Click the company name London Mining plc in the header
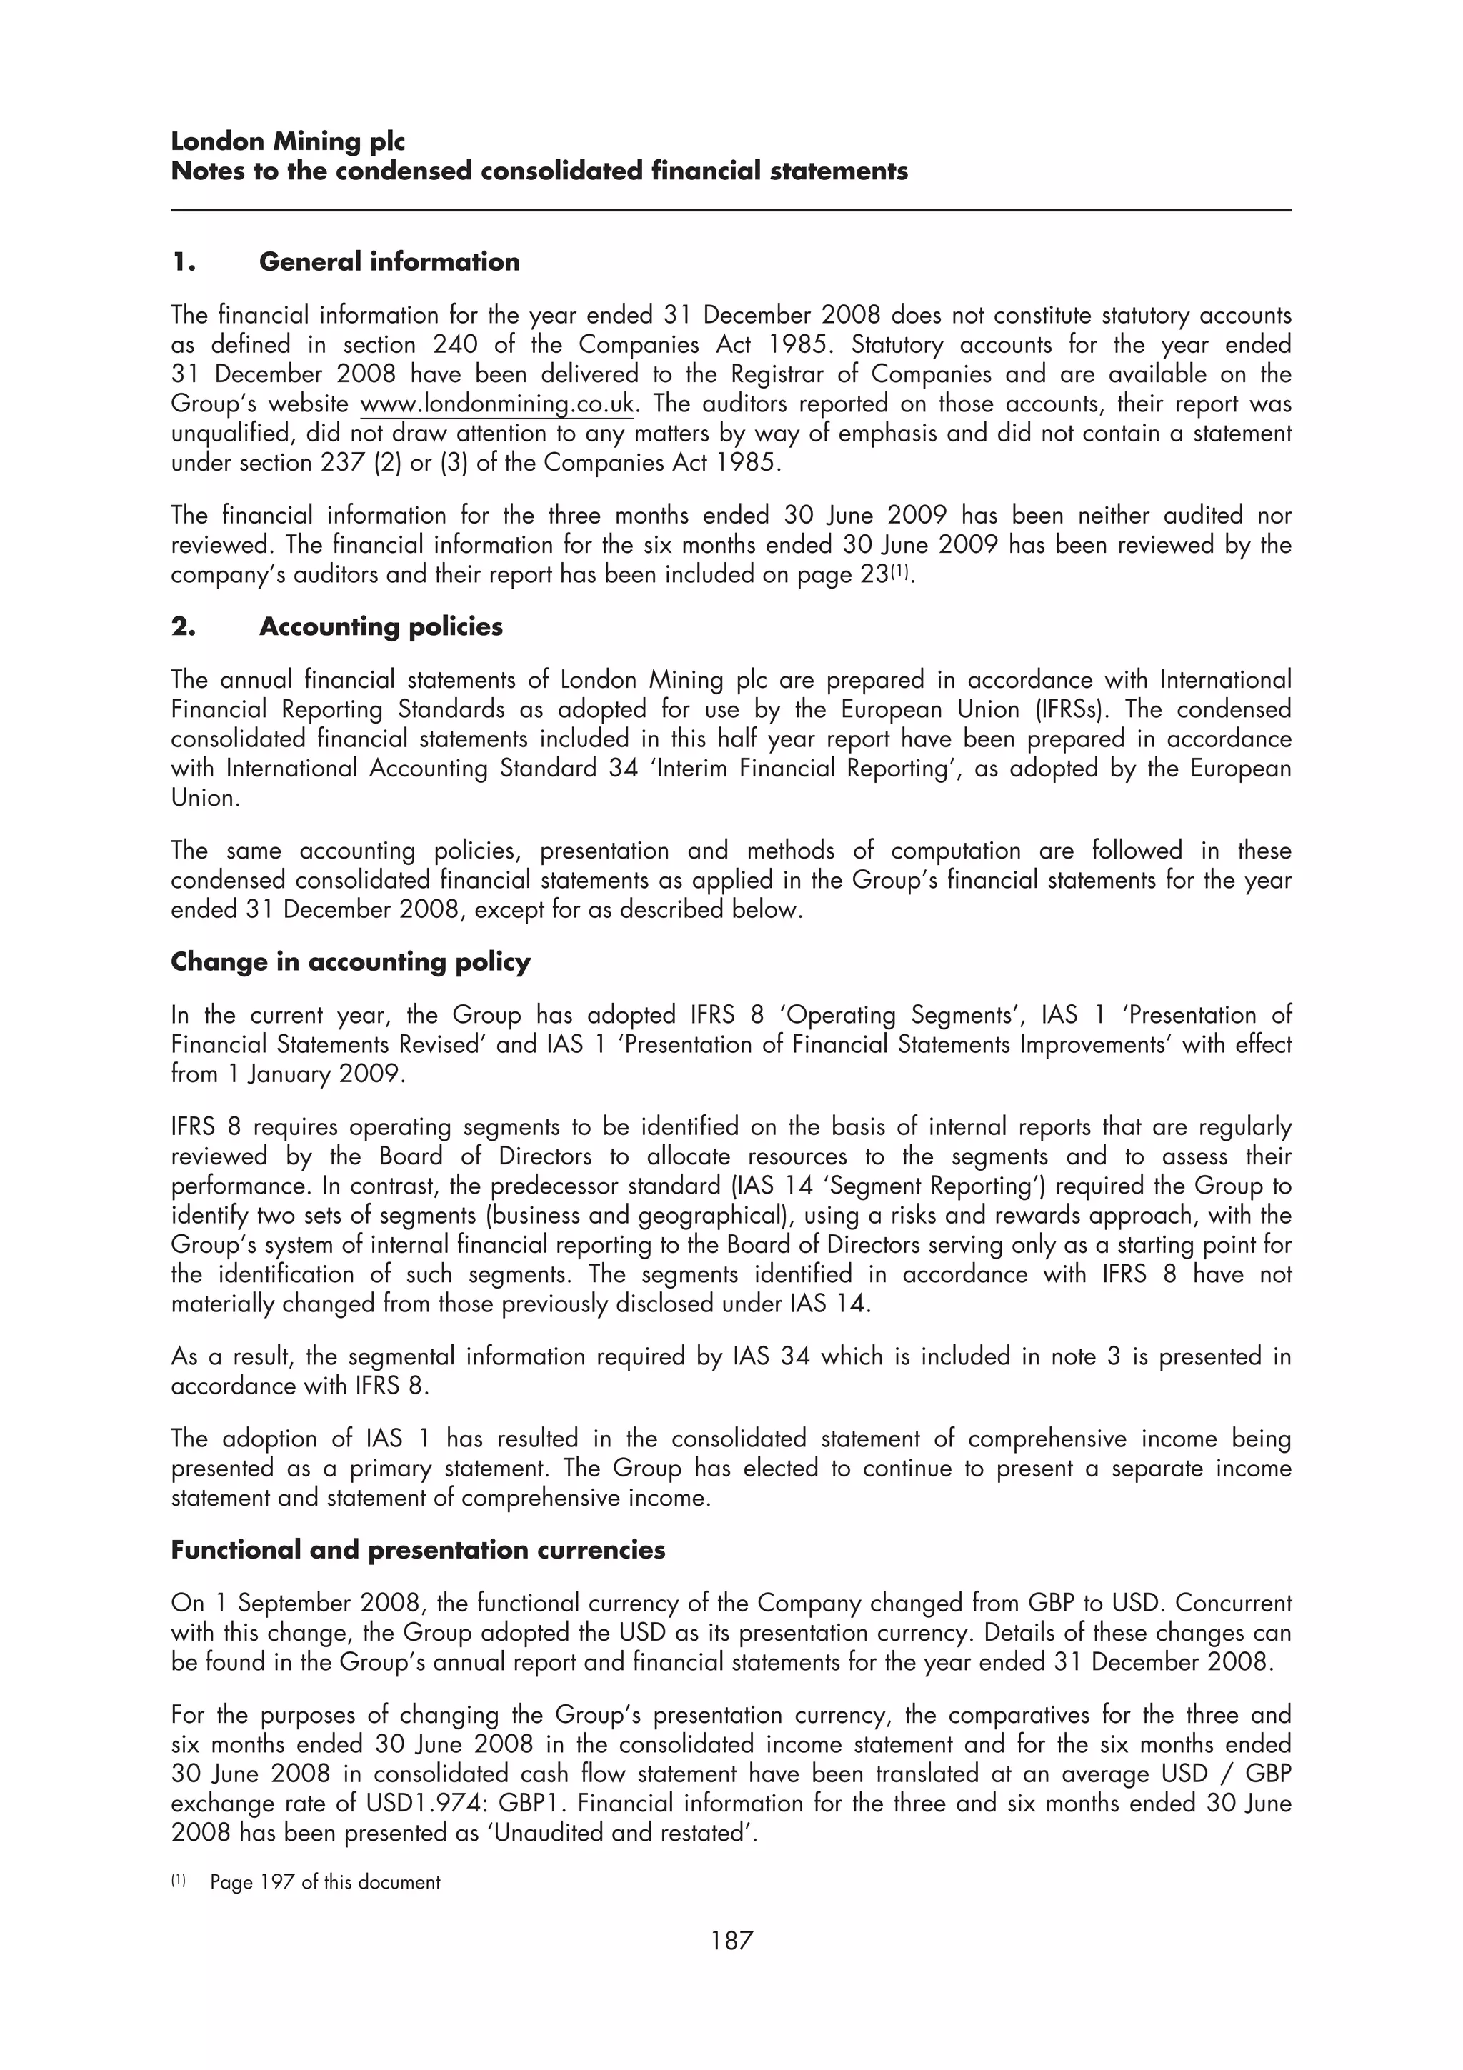pyautogui.click(x=288, y=141)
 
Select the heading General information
pyautogui.click(x=389, y=261)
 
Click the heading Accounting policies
pyautogui.click(x=381, y=626)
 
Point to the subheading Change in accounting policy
pyautogui.click(x=351, y=962)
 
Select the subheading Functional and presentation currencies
pyautogui.click(x=417, y=1550)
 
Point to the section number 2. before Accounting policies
pyautogui.click(x=183, y=626)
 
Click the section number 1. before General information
pyautogui.click(x=183, y=261)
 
